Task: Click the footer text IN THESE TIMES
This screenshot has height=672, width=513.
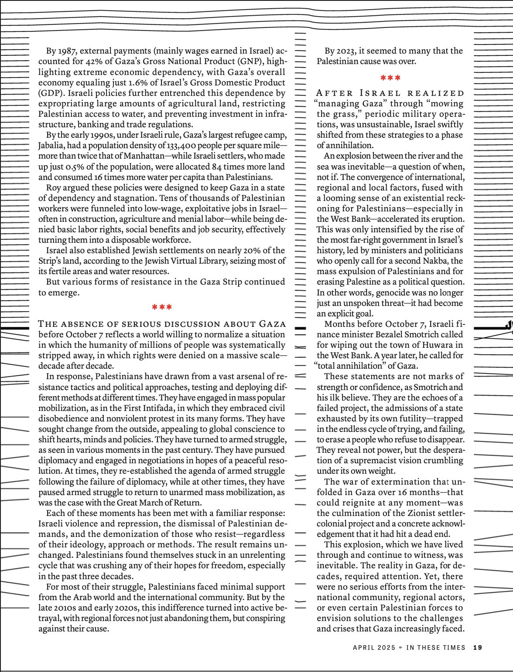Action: pos(436,648)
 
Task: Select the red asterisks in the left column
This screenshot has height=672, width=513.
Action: pos(162,307)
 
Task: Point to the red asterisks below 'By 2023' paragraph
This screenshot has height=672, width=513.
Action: pos(390,78)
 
